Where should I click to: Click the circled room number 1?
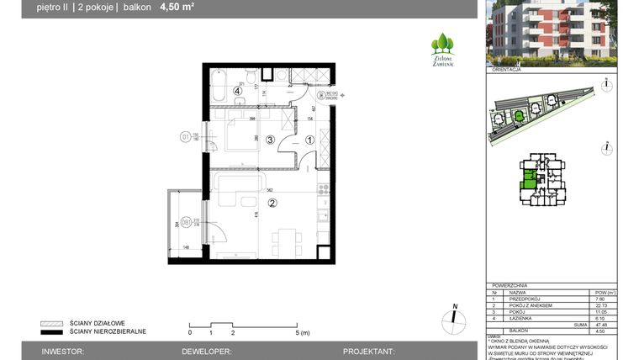point(309,140)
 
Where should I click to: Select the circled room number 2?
point(272,203)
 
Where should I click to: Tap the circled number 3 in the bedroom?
point(271,140)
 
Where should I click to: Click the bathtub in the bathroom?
point(221,85)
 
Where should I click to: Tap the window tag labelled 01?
point(185,136)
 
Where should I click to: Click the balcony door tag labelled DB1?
point(185,223)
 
